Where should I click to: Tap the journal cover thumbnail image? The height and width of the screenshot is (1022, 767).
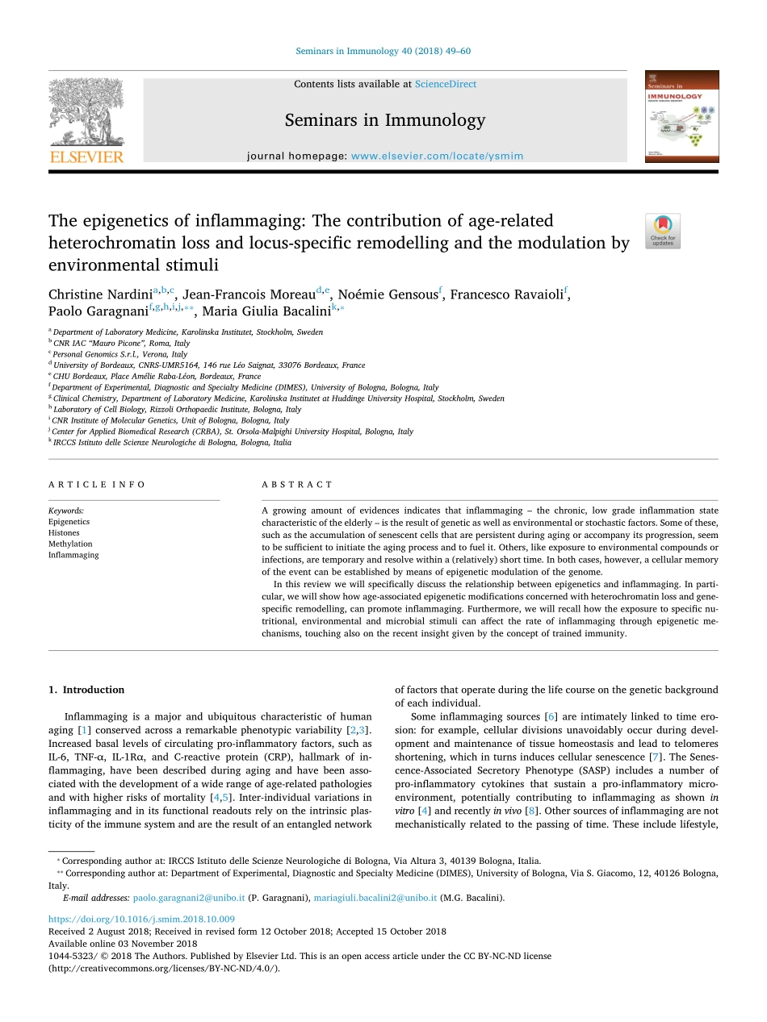681,117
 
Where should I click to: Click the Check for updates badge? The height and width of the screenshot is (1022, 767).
663,231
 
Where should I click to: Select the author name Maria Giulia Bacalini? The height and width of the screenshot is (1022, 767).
267,312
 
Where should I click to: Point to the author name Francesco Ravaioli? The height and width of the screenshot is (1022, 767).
507,294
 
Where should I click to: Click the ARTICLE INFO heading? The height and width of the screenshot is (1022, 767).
97,485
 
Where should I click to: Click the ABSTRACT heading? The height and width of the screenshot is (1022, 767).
297,485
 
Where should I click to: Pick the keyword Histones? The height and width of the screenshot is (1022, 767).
64,533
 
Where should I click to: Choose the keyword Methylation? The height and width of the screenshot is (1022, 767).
70,544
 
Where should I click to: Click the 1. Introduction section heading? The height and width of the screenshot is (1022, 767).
86,690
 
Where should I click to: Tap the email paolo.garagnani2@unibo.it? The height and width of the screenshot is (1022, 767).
189,898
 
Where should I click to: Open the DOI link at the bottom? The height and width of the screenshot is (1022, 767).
141,919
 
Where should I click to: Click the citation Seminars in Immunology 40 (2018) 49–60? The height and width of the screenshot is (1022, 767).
383,51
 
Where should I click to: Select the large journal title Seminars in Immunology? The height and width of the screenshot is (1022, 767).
384,121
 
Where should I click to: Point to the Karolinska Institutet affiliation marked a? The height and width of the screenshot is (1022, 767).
187,332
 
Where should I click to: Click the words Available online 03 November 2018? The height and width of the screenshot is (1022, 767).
123,944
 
